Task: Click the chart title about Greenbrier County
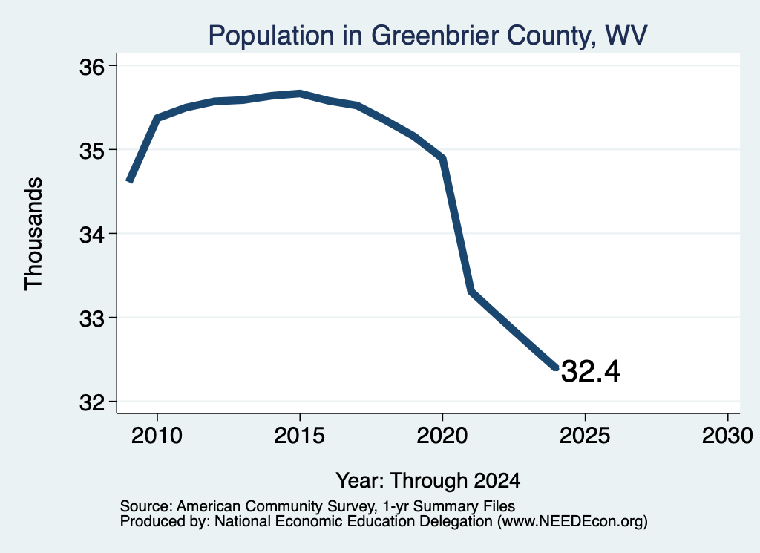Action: [427, 36]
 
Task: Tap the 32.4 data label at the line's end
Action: [590, 371]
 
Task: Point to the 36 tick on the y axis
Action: [92, 67]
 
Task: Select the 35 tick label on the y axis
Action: [92, 151]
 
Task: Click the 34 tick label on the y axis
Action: [92, 235]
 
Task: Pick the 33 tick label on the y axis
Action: [92, 319]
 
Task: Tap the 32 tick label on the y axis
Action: [92, 402]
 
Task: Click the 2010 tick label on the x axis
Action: [157, 436]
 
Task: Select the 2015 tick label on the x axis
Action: [300, 436]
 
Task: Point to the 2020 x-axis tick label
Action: [442, 436]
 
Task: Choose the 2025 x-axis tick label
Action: [585, 436]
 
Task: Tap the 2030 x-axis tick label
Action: [727, 436]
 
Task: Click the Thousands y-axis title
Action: [34, 234]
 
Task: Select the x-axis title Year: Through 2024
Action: [428, 481]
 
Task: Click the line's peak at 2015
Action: [300, 94]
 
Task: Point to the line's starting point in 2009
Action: [129, 181]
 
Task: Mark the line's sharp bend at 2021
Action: [471, 291]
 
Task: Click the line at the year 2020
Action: [442, 158]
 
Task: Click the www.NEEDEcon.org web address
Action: [572, 522]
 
